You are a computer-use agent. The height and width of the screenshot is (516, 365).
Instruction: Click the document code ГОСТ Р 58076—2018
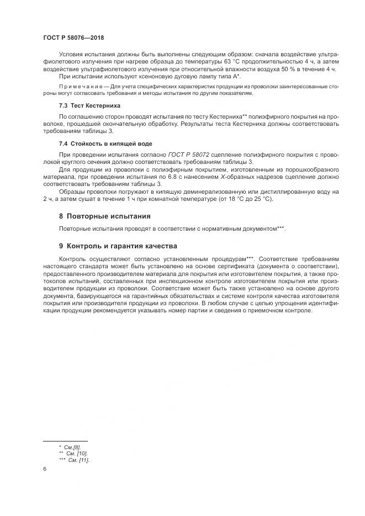73,38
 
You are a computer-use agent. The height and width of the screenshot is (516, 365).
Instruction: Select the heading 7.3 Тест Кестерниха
89,105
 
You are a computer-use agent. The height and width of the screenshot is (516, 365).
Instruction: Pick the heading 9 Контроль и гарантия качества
118,245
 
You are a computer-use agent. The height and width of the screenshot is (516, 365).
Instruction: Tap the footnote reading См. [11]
79,460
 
